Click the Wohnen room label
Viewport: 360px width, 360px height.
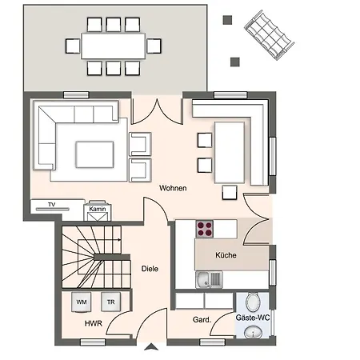coord(173,188)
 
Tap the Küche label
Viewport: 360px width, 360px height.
coord(226,255)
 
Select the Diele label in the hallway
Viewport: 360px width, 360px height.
coord(150,269)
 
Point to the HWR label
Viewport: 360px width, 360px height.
coord(94,323)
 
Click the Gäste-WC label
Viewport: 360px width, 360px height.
coord(253,318)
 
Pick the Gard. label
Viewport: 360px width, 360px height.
coord(202,319)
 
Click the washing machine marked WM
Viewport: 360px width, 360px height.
coord(82,302)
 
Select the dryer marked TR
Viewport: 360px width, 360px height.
coord(111,302)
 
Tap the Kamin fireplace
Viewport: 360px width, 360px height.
coord(98,211)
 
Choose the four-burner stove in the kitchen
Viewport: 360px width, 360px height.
coord(205,229)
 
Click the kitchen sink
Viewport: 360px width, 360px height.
coord(209,280)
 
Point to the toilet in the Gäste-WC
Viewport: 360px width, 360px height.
coord(253,302)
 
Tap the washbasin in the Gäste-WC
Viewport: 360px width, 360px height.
coord(253,333)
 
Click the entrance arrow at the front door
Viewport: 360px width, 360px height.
coord(151,346)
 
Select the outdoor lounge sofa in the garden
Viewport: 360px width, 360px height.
coord(269,35)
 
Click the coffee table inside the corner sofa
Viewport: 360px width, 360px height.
coord(94,154)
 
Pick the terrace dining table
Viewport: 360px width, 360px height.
coord(114,46)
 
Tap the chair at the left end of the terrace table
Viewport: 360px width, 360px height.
coord(73,46)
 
